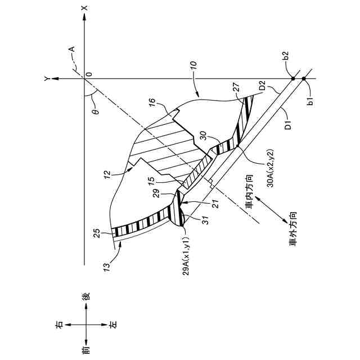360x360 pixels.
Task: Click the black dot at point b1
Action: pos(304,79)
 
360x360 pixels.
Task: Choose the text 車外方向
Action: pos(290,225)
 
